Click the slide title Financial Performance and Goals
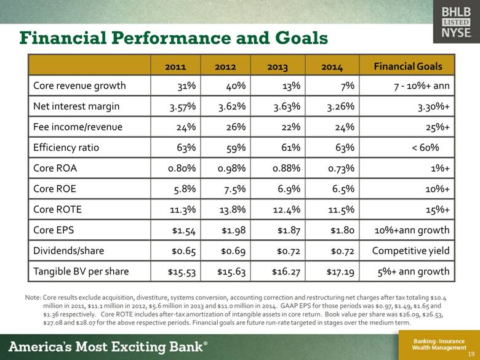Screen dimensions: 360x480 point(174,38)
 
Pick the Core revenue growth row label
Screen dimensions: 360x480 point(80,86)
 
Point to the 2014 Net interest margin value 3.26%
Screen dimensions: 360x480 point(338,106)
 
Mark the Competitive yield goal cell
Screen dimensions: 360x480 point(411,251)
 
